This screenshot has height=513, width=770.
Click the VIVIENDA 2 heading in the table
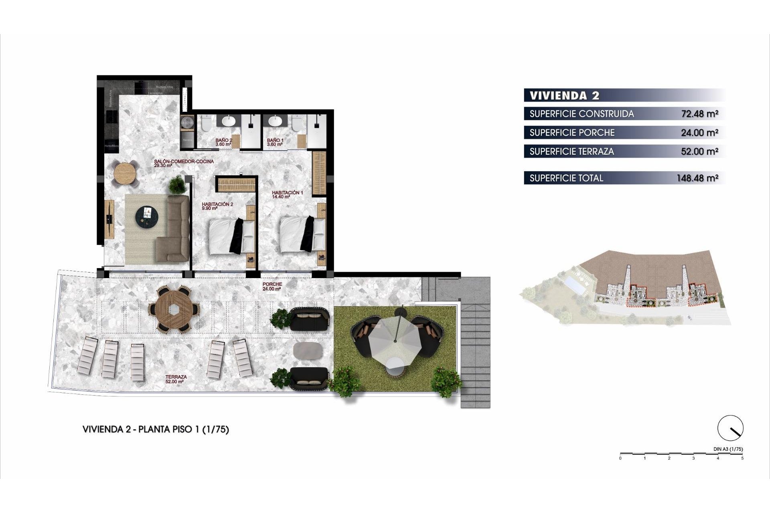[564, 95]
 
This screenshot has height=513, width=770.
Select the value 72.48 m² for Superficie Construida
[699, 114]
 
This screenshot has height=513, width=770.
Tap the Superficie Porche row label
[572, 133]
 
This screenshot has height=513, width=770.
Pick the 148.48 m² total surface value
[697, 178]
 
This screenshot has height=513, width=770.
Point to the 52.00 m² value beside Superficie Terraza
[699, 151]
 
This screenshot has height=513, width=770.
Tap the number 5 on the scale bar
[742, 458]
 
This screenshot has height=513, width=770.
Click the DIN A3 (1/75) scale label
[728, 449]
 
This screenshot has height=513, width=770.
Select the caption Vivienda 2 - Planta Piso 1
[156, 429]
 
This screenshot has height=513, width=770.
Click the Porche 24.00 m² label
[272, 286]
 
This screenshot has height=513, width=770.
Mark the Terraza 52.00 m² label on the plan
[176, 379]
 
